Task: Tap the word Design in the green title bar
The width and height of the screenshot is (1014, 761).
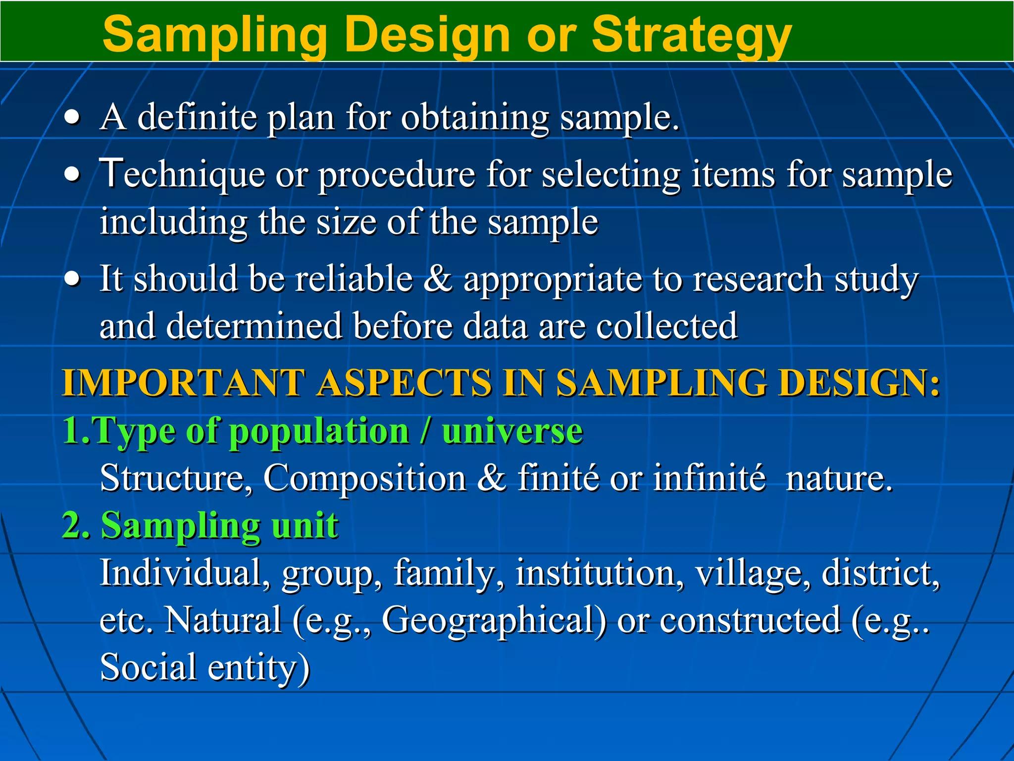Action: click(x=427, y=35)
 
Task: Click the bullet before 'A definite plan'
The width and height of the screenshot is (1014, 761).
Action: click(x=72, y=118)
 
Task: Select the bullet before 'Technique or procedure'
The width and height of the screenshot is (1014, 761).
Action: click(x=72, y=174)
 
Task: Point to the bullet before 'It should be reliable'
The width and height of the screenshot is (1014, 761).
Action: click(x=72, y=279)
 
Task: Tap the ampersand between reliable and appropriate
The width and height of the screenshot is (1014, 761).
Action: click(x=438, y=278)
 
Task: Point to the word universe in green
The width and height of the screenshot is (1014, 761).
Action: click(x=512, y=431)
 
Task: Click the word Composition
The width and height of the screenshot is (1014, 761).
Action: click(x=364, y=479)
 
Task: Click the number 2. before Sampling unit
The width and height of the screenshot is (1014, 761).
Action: click(x=76, y=526)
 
